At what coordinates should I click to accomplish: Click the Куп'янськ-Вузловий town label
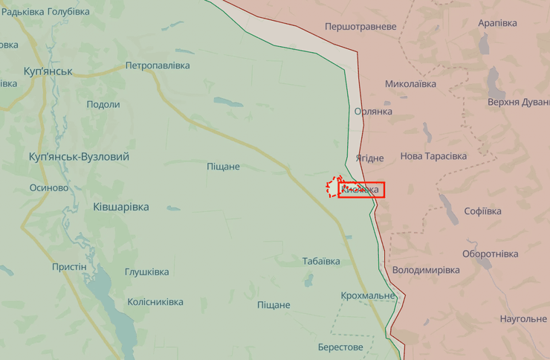tap(79, 157)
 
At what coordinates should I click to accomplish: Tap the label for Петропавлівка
tap(157, 65)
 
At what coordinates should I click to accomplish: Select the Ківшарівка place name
tap(120, 207)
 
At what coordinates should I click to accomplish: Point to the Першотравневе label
tap(360, 27)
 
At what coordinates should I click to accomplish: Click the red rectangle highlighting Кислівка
tap(361, 190)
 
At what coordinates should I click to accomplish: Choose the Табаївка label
tap(321, 261)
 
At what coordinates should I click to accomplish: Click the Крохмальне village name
tap(368, 296)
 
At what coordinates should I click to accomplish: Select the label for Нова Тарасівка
tap(433, 156)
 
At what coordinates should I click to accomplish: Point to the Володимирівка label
tap(426, 270)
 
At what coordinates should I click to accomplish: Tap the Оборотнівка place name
tap(490, 254)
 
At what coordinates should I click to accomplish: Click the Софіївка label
tap(482, 211)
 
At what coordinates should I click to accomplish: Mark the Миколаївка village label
tap(410, 84)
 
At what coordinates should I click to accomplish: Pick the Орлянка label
tap(373, 112)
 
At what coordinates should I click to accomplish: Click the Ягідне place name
tap(369, 158)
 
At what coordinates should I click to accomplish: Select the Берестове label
tap(340, 347)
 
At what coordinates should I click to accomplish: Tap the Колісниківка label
tap(155, 302)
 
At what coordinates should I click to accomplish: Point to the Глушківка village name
tap(146, 272)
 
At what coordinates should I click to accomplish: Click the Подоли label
tap(103, 104)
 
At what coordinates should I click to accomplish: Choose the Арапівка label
tap(497, 23)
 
